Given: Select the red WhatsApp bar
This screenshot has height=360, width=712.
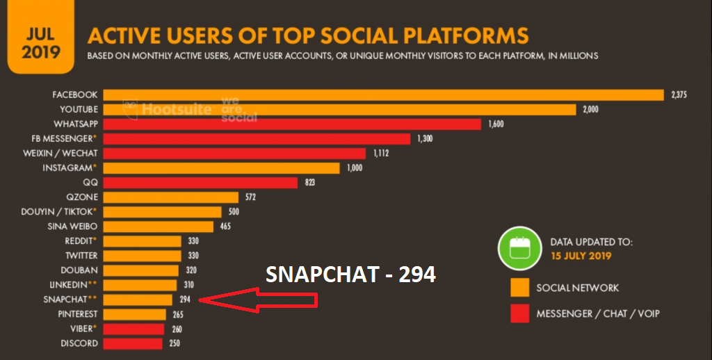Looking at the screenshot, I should coord(292,124).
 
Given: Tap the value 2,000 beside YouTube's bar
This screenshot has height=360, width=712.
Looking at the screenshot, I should coord(590,110).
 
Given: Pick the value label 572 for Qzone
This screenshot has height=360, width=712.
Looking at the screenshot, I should coord(250,197).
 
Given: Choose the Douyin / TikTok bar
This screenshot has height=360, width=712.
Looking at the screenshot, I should coord(163,212).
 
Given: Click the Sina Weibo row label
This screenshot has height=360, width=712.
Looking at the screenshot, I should coord(72,227).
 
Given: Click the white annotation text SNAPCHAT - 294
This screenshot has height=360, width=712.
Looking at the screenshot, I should coord(350,275).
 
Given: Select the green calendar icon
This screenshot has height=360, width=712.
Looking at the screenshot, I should coord(520,249).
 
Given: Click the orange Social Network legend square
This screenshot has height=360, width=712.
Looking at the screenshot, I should coord(520,288).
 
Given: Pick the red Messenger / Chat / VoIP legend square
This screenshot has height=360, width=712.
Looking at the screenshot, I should coord(520,313).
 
